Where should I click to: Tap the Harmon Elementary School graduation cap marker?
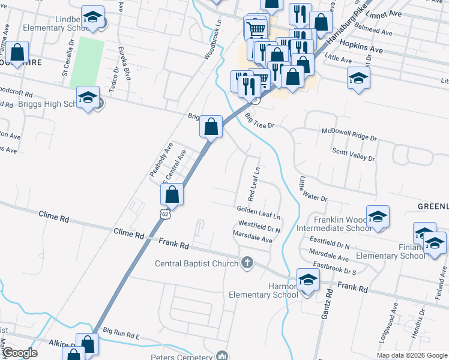click(x=308, y=280)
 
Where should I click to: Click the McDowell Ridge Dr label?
click(x=349, y=134)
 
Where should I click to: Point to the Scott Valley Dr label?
click(x=354, y=155)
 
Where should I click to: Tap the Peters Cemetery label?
click(x=188, y=356)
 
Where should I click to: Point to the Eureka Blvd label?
click(x=124, y=64)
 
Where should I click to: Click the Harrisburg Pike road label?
click(x=343, y=26)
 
